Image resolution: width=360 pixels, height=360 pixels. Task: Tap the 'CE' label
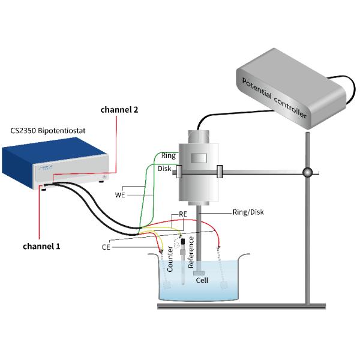pyautogui.click(x=106, y=246)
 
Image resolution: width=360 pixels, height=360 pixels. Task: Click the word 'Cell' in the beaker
pyautogui.click(x=203, y=280)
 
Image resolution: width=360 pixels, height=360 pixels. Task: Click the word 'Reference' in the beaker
pyautogui.click(x=191, y=253)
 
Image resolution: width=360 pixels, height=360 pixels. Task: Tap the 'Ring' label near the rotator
pyautogui.click(x=168, y=155)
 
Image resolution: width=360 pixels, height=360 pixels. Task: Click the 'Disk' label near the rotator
pyautogui.click(x=164, y=169)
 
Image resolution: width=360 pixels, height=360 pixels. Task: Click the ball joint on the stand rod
pyautogui.click(x=307, y=173)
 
